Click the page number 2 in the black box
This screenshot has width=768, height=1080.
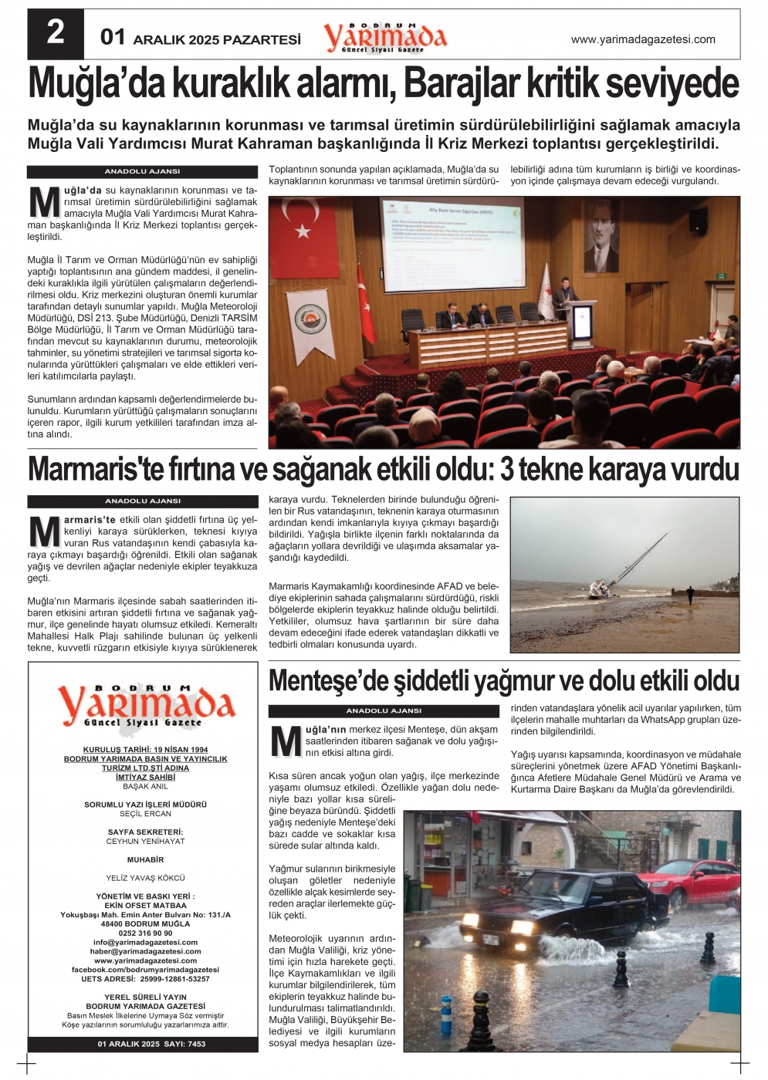(x=55, y=33)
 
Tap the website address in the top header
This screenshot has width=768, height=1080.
(x=643, y=39)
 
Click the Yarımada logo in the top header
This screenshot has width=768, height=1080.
(x=385, y=36)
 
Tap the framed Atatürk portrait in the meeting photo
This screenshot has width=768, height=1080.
(x=602, y=236)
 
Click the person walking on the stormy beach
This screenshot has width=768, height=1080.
(x=689, y=594)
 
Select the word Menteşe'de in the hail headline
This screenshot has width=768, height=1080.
(x=330, y=681)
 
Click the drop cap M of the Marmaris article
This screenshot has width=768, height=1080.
(x=44, y=532)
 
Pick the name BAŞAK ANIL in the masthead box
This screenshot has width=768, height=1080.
(x=145, y=787)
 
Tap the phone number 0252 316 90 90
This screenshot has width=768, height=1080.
(x=145, y=933)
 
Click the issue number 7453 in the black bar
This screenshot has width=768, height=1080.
(x=197, y=1044)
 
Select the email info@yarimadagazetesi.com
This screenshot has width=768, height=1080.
(x=145, y=942)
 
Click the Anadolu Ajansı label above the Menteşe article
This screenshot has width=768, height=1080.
(x=384, y=710)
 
